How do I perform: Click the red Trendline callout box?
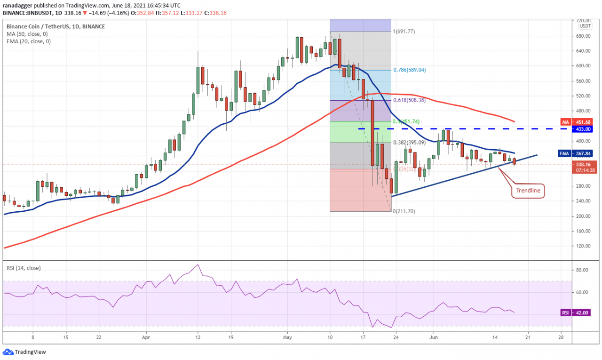tap(528, 191)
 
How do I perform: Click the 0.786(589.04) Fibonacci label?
tap(410, 70)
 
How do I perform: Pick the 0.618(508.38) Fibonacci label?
tap(410, 100)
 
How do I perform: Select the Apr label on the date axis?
tap(146, 337)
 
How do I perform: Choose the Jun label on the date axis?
tap(434, 337)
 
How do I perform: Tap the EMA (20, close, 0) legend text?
tap(29, 41)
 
